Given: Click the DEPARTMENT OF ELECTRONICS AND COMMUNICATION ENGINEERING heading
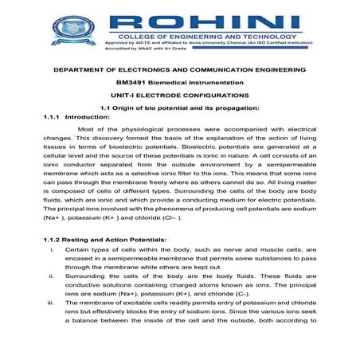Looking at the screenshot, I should pos(180,71).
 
